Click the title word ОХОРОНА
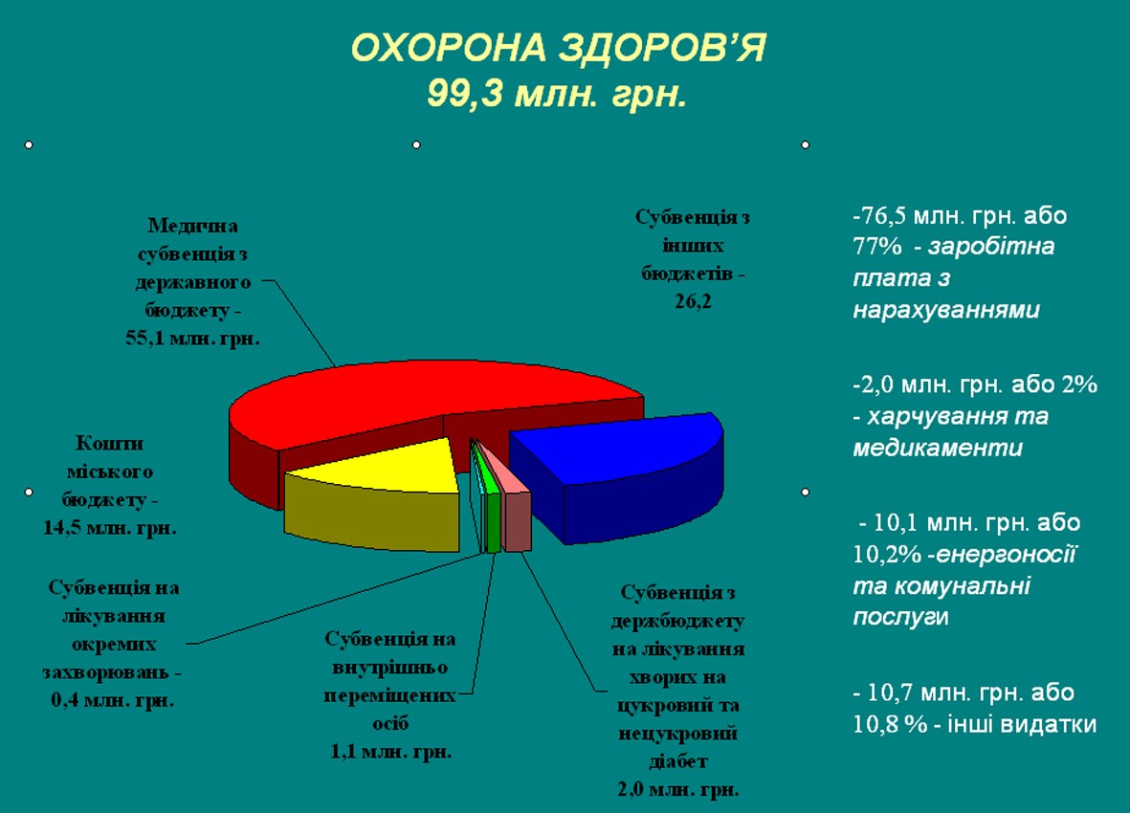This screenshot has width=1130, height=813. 448,49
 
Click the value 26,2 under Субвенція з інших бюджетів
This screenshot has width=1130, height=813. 693,301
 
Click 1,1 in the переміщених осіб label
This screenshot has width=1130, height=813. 343,752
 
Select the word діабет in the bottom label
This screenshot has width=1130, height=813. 678,761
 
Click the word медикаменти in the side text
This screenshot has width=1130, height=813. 938,448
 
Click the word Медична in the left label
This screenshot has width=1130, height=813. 193,226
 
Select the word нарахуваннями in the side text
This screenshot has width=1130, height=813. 946,310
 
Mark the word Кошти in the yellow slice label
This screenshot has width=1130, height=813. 109,444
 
